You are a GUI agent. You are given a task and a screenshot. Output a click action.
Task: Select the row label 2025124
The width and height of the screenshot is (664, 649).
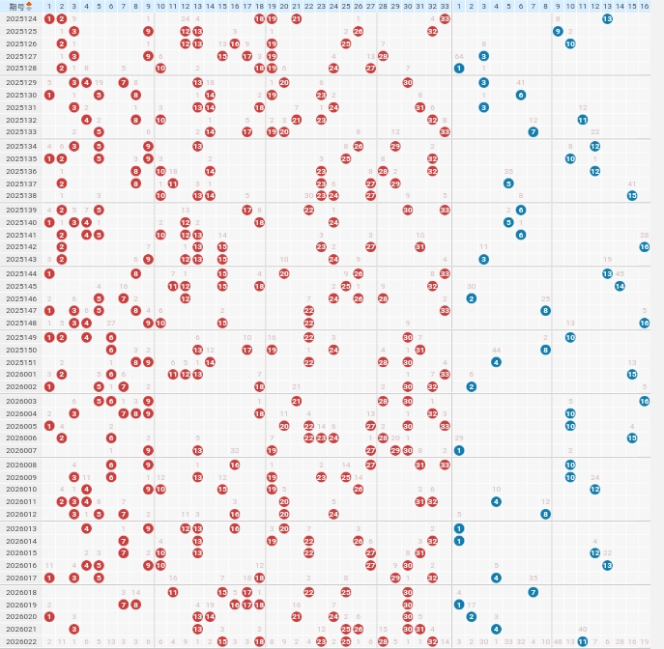(x=21, y=18)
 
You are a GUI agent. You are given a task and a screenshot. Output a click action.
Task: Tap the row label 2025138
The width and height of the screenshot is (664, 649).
(x=21, y=195)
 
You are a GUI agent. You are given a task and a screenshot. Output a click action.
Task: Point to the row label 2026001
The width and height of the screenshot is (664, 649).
(x=21, y=374)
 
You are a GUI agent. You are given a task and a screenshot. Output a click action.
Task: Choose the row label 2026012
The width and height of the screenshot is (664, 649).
(x=21, y=514)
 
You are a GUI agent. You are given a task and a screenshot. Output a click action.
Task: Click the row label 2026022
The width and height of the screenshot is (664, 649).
(x=21, y=641)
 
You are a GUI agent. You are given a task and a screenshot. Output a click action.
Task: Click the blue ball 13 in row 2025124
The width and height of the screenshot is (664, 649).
(x=607, y=18)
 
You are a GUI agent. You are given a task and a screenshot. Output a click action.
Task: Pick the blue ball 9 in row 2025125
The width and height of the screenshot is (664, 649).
(x=558, y=31)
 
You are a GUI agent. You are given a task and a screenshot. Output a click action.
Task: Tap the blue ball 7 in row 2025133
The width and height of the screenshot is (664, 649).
(x=533, y=131)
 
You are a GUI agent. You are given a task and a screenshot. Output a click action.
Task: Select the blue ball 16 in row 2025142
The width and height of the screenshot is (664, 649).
(x=645, y=246)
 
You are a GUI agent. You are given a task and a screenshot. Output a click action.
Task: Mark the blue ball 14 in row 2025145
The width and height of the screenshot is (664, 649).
(x=620, y=286)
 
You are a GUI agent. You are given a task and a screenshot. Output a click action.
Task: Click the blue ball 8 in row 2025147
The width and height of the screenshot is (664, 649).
(x=545, y=310)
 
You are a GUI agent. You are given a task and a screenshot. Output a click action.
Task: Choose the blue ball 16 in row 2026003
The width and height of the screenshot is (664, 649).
(x=645, y=401)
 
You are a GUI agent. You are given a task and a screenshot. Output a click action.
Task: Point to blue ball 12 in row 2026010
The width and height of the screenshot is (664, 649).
(x=594, y=489)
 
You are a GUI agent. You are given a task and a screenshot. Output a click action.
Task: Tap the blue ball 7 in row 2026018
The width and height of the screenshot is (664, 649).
(x=533, y=592)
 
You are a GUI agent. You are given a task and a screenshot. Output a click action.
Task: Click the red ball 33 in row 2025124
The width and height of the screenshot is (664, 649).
(x=445, y=18)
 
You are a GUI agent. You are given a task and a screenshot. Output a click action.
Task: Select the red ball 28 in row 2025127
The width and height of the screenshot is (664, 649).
(x=383, y=56)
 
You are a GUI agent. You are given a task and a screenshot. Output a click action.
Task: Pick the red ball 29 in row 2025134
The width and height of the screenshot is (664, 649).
(x=395, y=146)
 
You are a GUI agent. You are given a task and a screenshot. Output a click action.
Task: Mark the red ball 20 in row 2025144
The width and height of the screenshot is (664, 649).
(x=284, y=273)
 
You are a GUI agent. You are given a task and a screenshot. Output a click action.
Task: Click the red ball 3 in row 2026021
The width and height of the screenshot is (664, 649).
(x=74, y=629)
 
